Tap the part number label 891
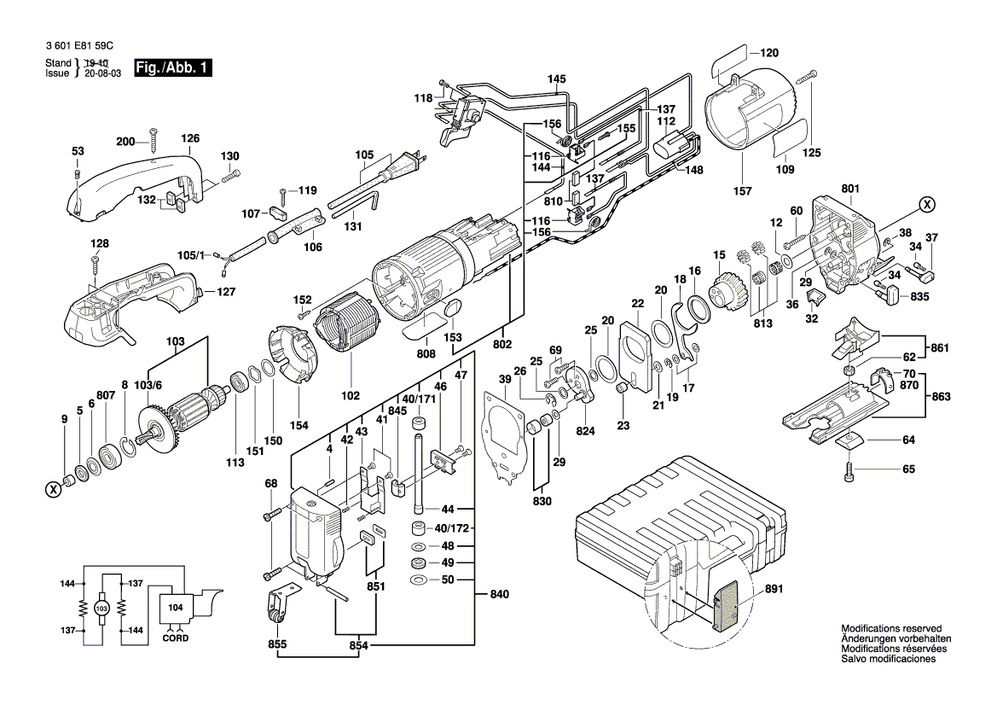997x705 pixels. [774, 589]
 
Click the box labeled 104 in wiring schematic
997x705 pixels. [175, 608]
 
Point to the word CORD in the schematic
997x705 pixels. [176, 638]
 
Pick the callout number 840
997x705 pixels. [500, 593]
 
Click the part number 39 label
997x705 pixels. [505, 379]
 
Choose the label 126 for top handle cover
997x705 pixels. [189, 138]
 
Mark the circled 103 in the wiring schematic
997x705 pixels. [101, 608]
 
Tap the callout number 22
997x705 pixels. [637, 304]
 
